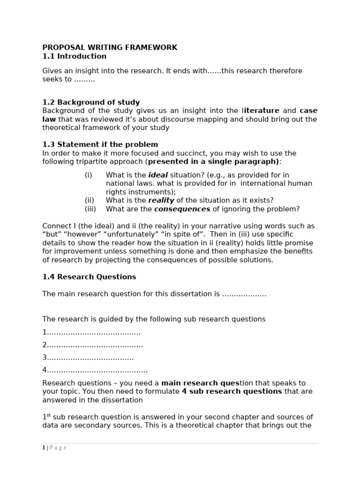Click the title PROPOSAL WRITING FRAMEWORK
pyautogui.click(x=110, y=47)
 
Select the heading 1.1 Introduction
pyautogui.click(x=74, y=56)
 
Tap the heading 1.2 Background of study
pyautogui.click(x=91, y=102)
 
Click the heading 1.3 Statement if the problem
pyautogui.click(x=100, y=144)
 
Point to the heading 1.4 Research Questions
pyautogui.click(x=89, y=277)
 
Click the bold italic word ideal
pyautogui.click(x=158, y=175)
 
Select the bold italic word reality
pyautogui.click(x=161, y=200)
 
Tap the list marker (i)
pyautogui.click(x=89, y=175)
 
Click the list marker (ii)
pyautogui.click(x=90, y=200)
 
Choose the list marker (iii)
pyautogui.click(x=90, y=209)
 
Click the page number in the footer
pyautogui.click(x=44, y=448)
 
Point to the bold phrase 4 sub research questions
pyautogui.click(x=232, y=391)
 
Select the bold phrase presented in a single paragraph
pyautogui.click(x=213, y=162)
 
